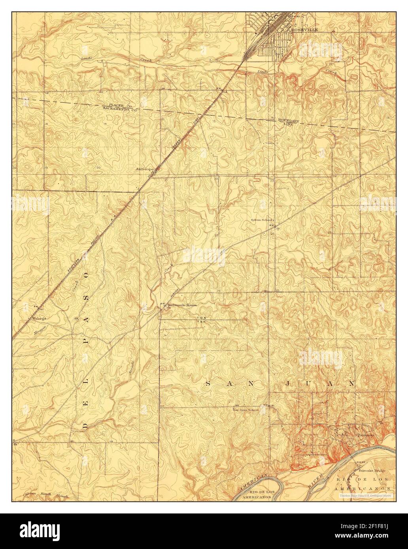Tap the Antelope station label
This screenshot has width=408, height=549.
pos(144,169)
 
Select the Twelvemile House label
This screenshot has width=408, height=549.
pos(181,305)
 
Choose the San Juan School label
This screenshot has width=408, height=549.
pos(245,410)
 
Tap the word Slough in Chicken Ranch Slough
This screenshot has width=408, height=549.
pos(61,496)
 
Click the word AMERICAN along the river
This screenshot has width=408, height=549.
pos(253,484)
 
